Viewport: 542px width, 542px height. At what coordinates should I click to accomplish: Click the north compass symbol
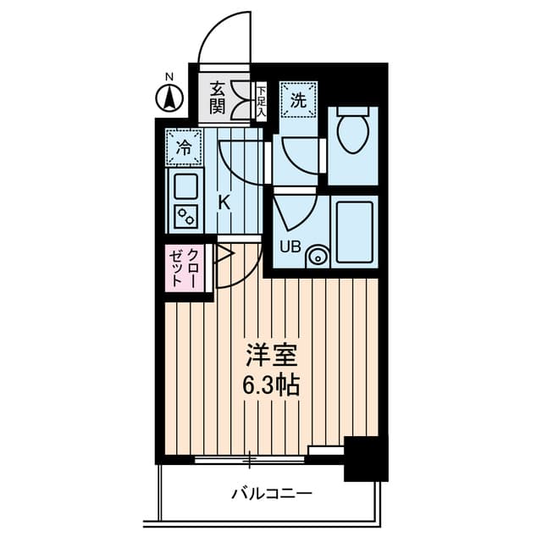[169, 98]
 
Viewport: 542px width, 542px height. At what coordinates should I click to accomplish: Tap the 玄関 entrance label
[218, 98]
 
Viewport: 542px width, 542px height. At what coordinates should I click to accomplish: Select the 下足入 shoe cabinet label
[262, 102]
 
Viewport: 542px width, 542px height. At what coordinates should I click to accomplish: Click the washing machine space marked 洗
[299, 100]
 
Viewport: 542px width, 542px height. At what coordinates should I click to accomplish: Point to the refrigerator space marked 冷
[184, 147]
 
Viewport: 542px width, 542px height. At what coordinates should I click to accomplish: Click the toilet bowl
[352, 130]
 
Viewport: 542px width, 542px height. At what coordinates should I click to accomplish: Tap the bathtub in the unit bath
[355, 232]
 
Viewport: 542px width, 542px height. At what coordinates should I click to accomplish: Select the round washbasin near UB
[317, 257]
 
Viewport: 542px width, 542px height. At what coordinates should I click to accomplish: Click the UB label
[290, 246]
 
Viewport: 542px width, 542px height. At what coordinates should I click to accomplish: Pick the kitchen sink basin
[186, 186]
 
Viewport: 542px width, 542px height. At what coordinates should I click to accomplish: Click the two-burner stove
[186, 217]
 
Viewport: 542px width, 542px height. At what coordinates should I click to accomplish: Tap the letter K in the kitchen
[224, 202]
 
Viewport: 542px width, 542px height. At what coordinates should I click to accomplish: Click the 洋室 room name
[272, 356]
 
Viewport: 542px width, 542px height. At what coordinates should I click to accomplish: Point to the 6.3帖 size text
[270, 385]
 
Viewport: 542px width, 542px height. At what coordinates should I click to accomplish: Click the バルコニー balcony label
[271, 493]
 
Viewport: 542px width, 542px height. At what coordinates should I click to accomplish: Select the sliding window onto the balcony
[249, 459]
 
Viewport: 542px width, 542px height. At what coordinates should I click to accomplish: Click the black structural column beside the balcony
[366, 459]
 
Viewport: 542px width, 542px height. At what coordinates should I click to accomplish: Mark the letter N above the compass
[169, 77]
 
